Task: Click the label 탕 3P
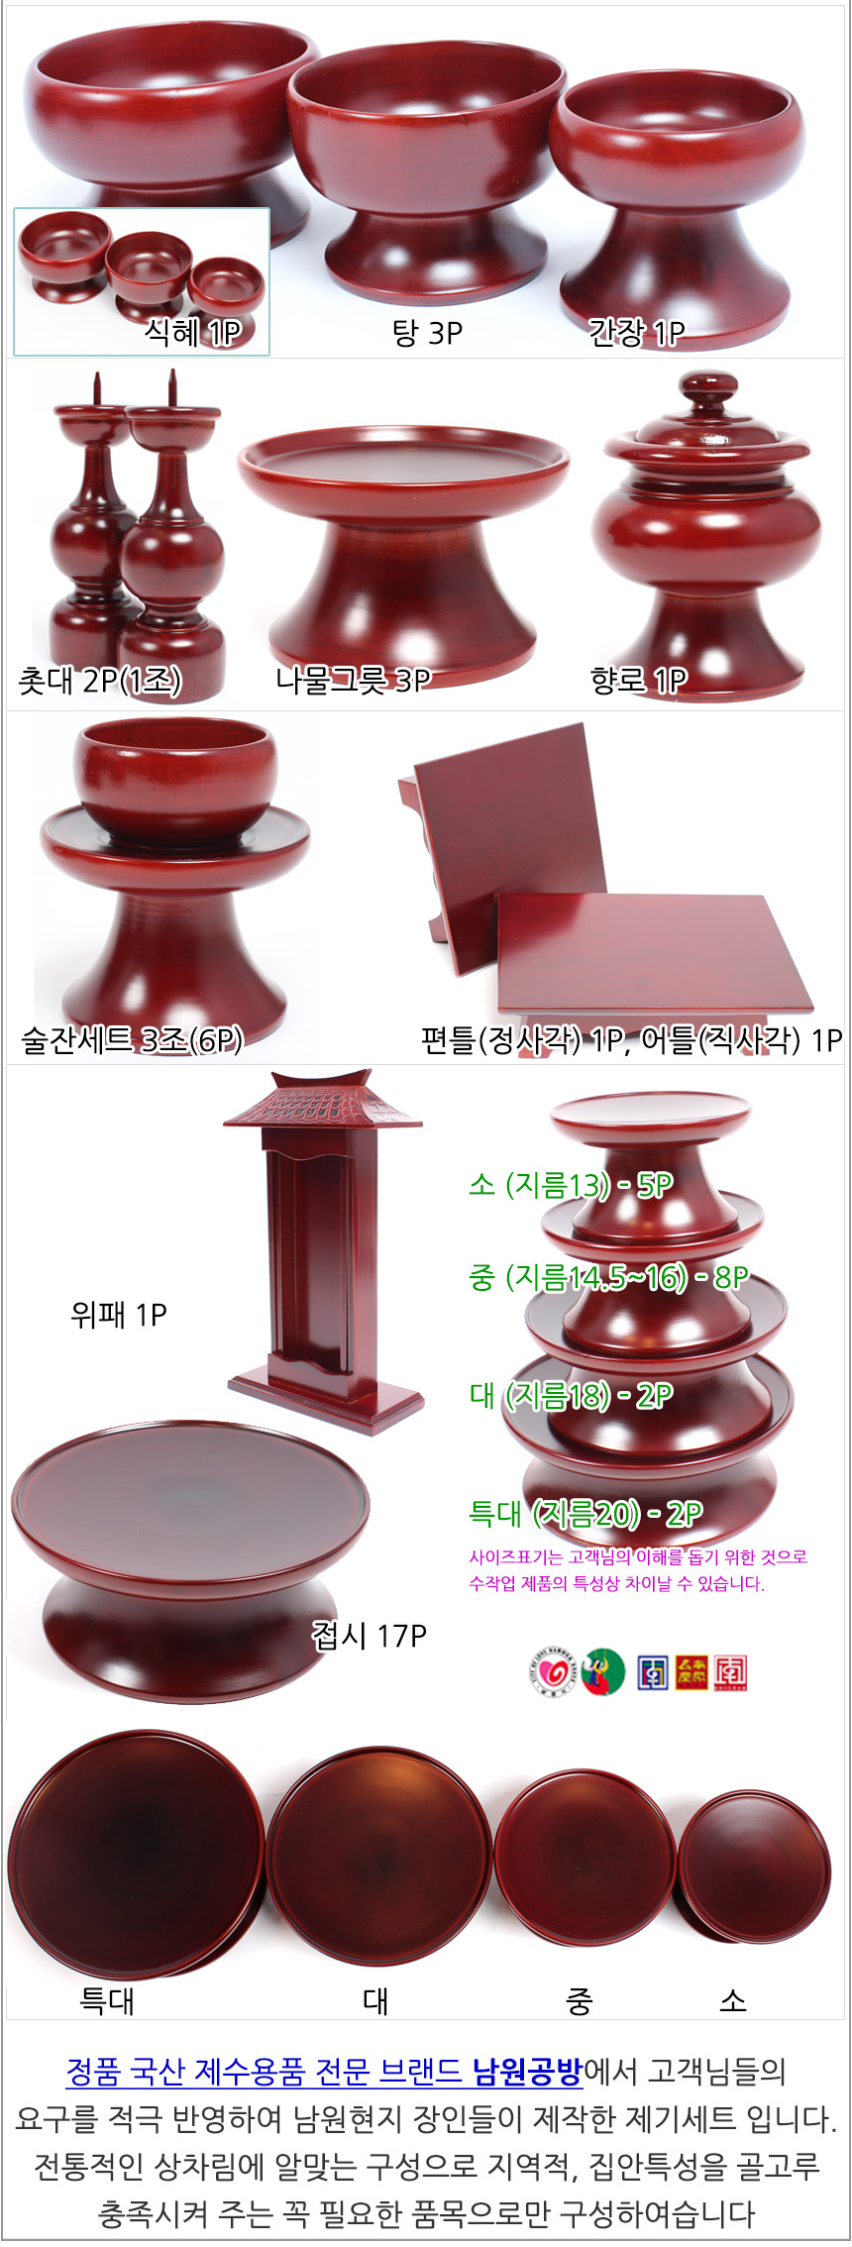(428, 333)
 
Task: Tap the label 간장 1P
(637, 333)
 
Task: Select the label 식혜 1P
(193, 332)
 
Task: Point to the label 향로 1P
(639, 680)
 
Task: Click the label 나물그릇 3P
(354, 680)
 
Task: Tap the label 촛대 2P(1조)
(100, 681)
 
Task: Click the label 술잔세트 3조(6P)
(132, 1039)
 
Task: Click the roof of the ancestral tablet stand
(323, 1100)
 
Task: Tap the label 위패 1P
(119, 1315)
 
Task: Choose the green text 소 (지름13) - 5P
(572, 1185)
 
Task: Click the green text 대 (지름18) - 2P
(572, 1396)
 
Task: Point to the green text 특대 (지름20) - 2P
(586, 1514)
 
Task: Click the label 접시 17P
(370, 1636)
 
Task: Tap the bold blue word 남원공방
(527, 2071)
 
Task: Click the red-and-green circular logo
(603, 1672)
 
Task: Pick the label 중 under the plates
(580, 2001)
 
